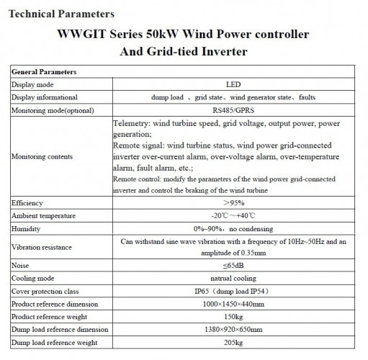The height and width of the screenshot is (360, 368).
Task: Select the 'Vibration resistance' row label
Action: coord(42,247)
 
